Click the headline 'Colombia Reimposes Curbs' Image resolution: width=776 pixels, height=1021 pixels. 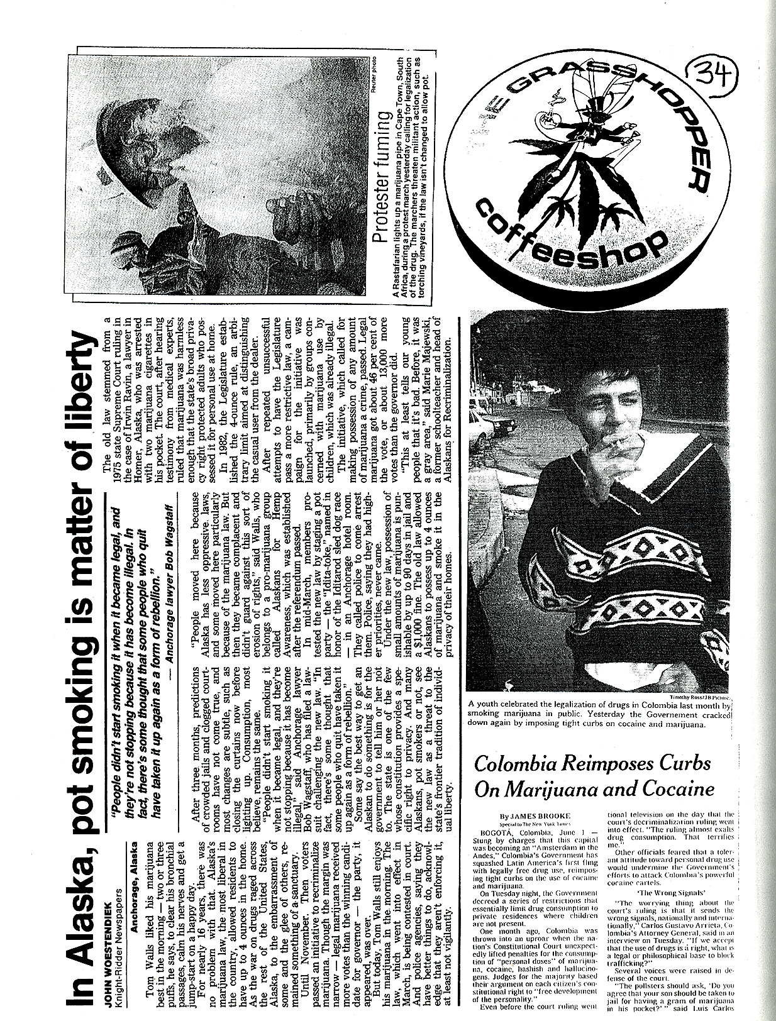coord(592,764)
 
